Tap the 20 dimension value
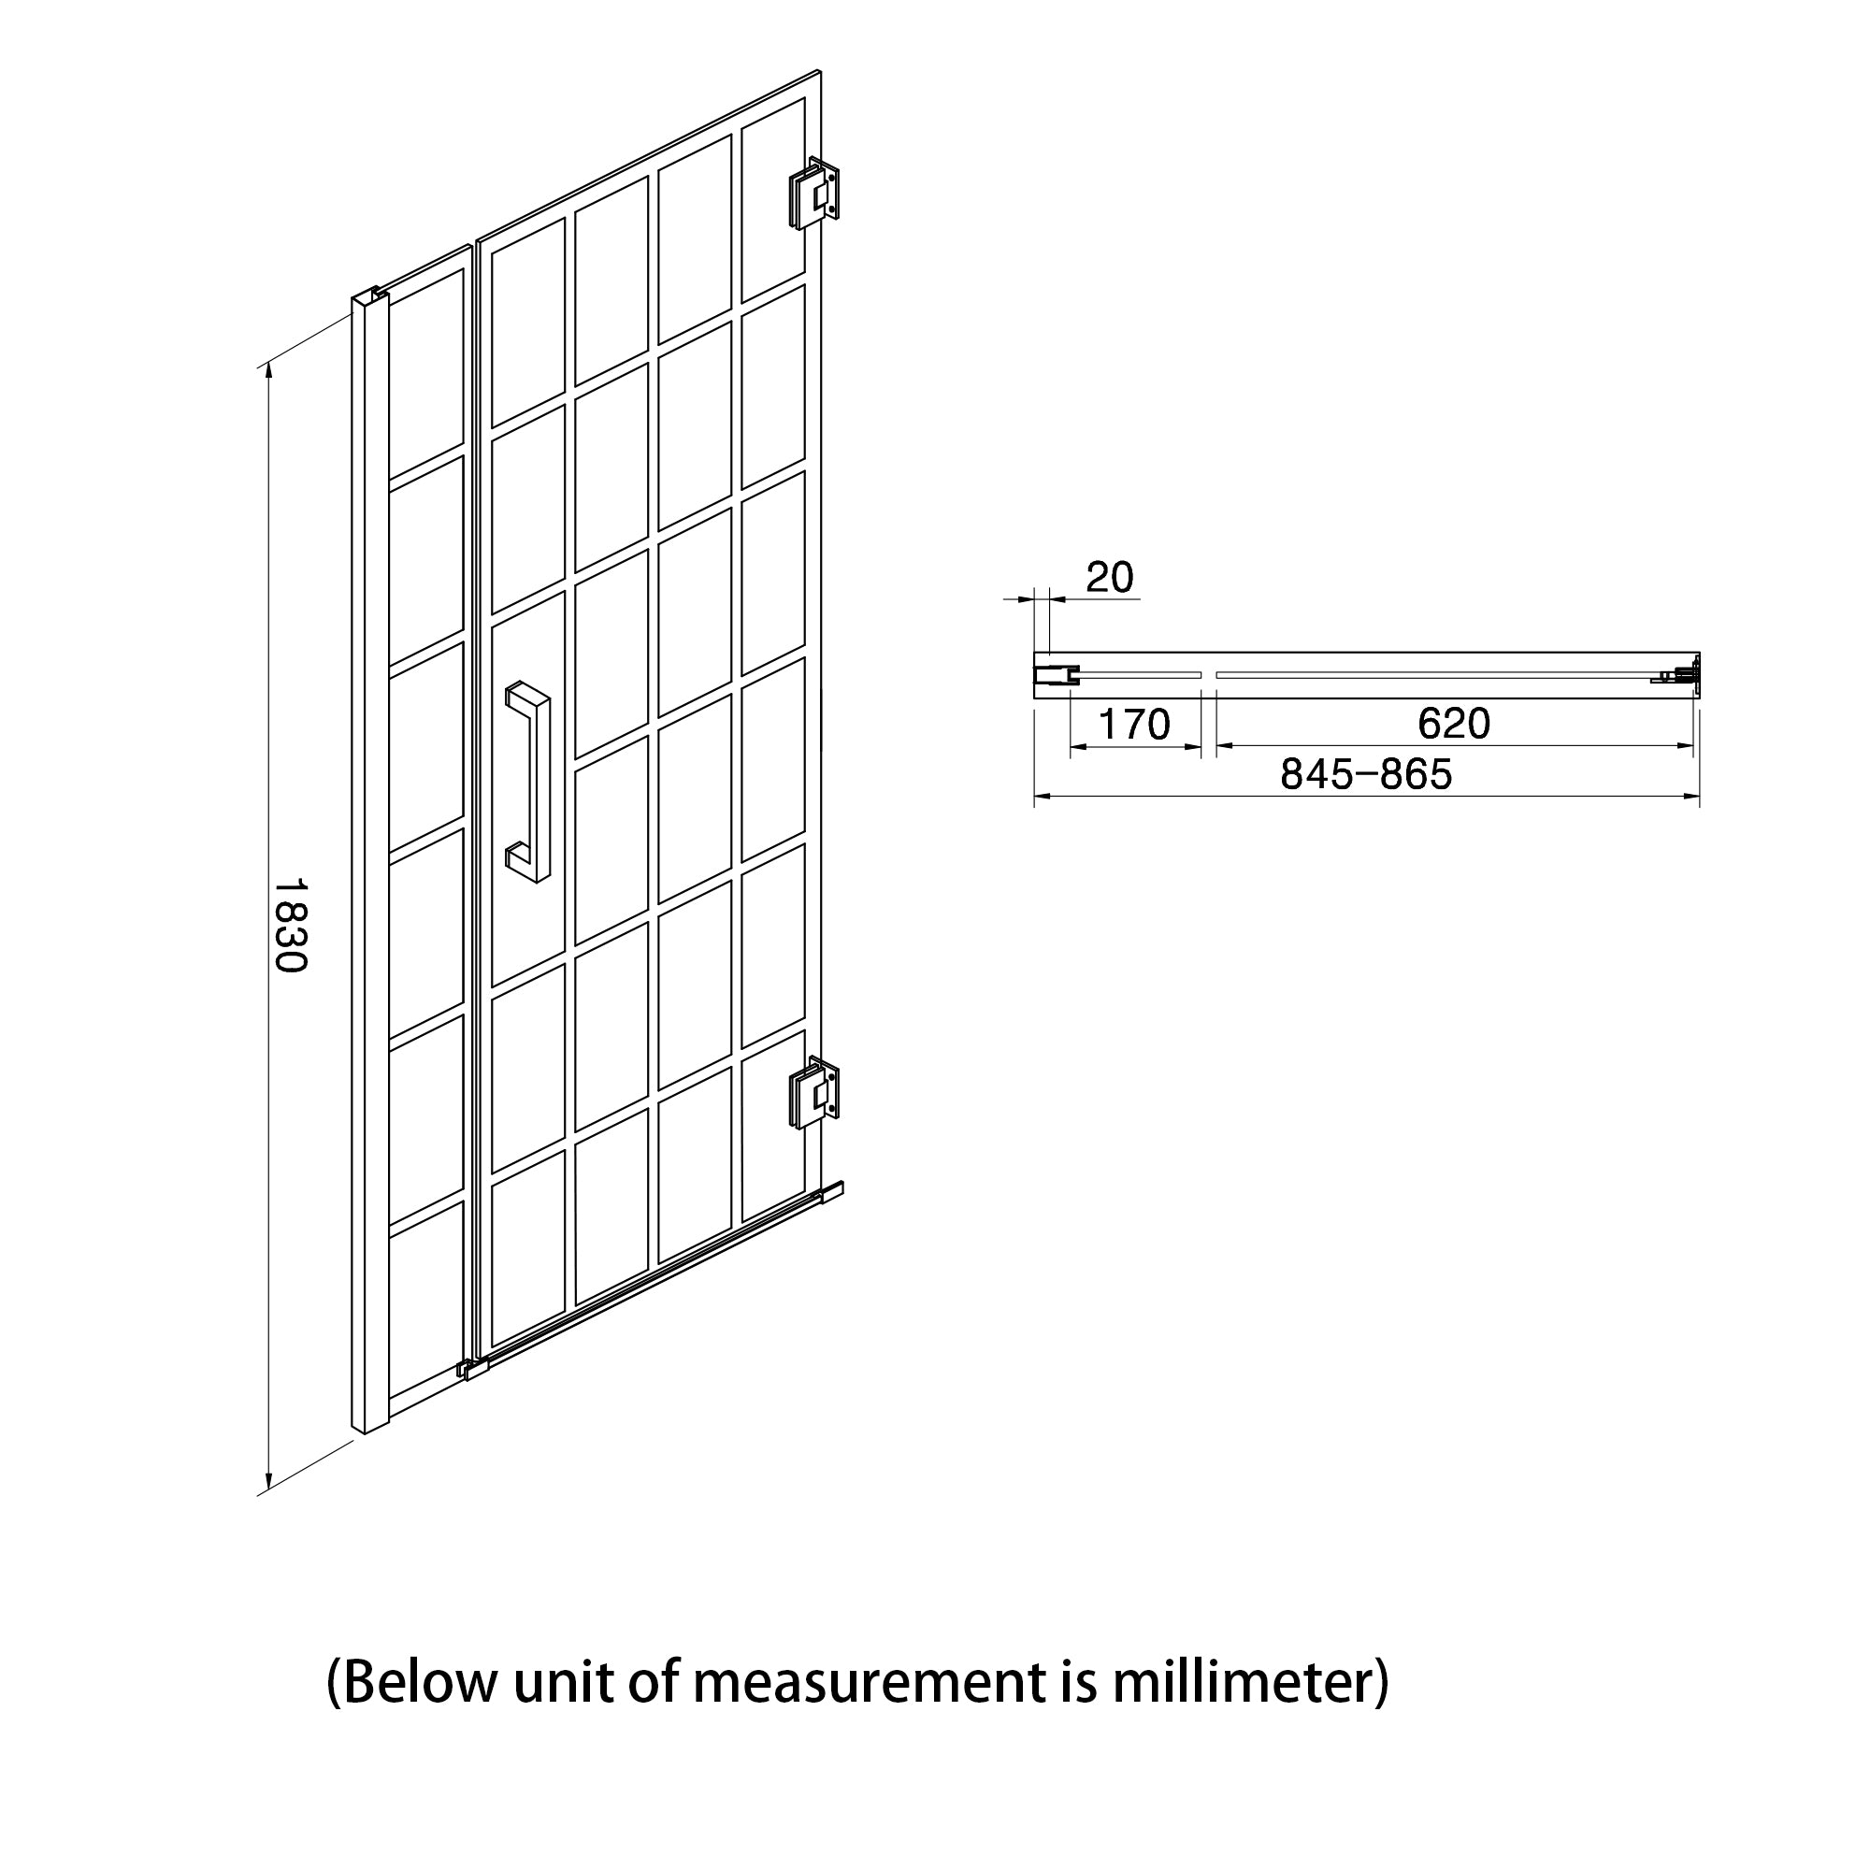pyautogui.click(x=1109, y=578)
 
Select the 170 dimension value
pyautogui.click(x=1135, y=724)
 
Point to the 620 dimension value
pyautogui.click(x=1454, y=723)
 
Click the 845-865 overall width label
pyautogui.click(x=1367, y=774)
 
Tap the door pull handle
pyautogui.click(x=527, y=782)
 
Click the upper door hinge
pyautogui.click(x=814, y=194)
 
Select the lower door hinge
pyautogui.click(x=814, y=1093)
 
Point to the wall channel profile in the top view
pyautogui.click(x=1056, y=675)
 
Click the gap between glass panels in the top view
pyautogui.click(x=1209, y=675)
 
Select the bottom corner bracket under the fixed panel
pyautogui.click(x=471, y=1370)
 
